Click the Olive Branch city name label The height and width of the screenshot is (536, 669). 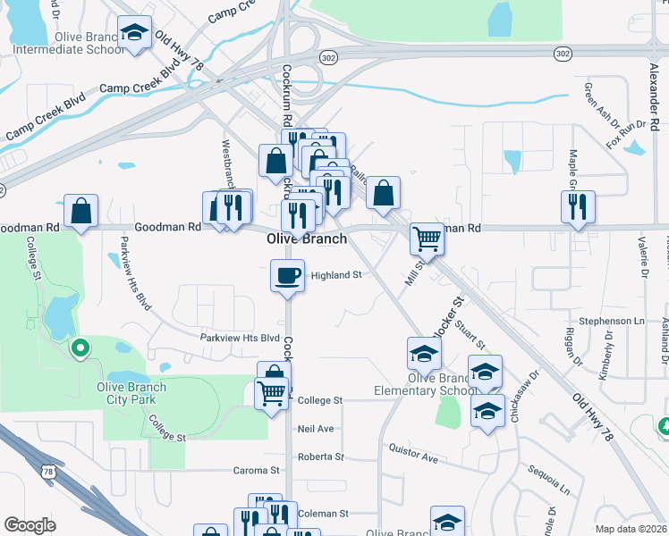(308, 239)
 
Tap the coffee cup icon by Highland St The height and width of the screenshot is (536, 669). (288, 275)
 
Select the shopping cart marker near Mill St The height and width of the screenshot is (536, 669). (428, 239)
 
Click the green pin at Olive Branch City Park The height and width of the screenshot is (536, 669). (80, 348)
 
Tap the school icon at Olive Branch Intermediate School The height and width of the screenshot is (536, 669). (135, 36)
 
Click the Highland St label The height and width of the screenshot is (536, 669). (335, 275)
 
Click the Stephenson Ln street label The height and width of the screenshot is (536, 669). (612, 320)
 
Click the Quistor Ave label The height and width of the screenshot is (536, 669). (413, 458)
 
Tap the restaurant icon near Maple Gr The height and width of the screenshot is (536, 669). (578, 206)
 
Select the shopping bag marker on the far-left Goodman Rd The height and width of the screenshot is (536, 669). (80, 212)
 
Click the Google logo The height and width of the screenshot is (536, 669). (30, 525)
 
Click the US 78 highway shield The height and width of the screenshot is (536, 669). (47, 468)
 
